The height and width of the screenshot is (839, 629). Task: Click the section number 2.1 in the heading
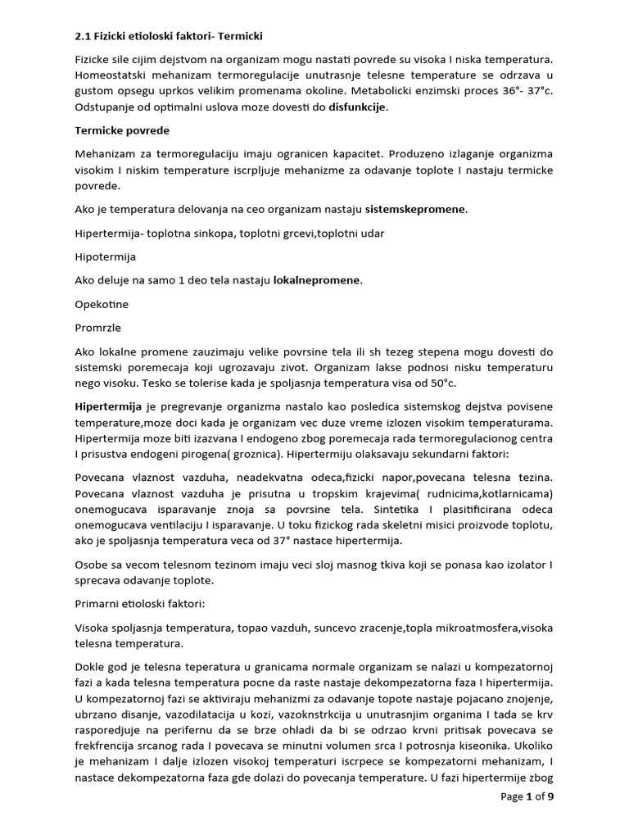pyautogui.click(x=84, y=37)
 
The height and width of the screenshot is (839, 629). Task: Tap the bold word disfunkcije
pyautogui.click(x=358, y=107)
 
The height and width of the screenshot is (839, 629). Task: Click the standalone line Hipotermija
pyautogui.click(x=106, y=256)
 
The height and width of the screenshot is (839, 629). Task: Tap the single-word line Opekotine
pyautogui.click(x=102, y=304)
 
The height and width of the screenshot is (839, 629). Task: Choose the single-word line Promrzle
pyautogui.click(x=98, y=328)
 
